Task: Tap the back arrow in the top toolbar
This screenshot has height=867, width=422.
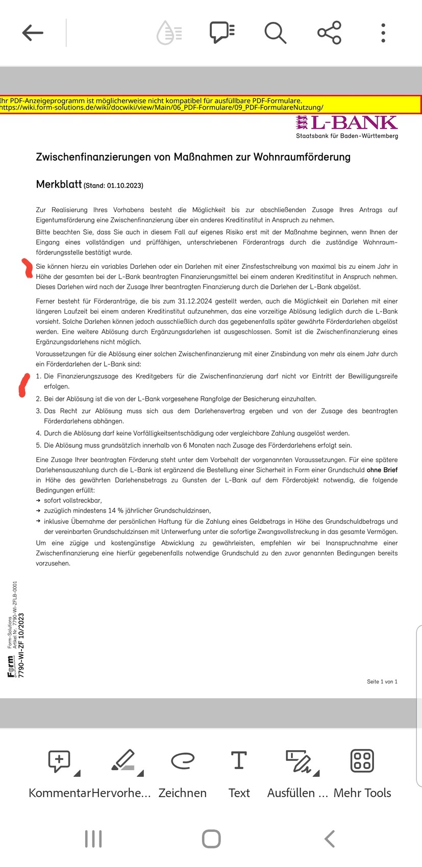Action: (x=33, y=33)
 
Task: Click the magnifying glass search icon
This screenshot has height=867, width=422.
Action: (x=275, y=33)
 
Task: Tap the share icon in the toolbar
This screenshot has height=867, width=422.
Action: (x=329, y=33)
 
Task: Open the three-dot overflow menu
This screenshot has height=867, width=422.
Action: (x=383, y=33)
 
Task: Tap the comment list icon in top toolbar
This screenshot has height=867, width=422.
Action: (x=222, y=32)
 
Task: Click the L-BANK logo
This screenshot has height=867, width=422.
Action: (x=346, y=123)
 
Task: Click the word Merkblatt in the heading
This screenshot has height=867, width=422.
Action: (x=59, y=185)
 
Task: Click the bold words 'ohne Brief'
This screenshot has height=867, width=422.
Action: (x=382, y=470)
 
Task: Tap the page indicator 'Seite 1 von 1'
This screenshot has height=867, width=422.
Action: (x=382, y=682)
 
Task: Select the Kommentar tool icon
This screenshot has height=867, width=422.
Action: (x=60, y=761)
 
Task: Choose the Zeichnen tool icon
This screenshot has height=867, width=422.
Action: (x=182, y=761)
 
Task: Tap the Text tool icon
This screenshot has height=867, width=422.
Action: (x=239, y=760)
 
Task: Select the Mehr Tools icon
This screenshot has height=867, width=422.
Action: (x=362, y=760)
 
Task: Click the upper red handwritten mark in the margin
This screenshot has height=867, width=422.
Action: (x=26, y=268)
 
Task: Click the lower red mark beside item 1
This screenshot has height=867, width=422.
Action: (x=23, y=385)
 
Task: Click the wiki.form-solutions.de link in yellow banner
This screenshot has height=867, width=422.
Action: (x=161, y=108)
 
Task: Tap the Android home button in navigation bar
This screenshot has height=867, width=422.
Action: (x=211, y=839)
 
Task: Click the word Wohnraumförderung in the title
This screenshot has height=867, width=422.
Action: (x=302, y=157)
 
